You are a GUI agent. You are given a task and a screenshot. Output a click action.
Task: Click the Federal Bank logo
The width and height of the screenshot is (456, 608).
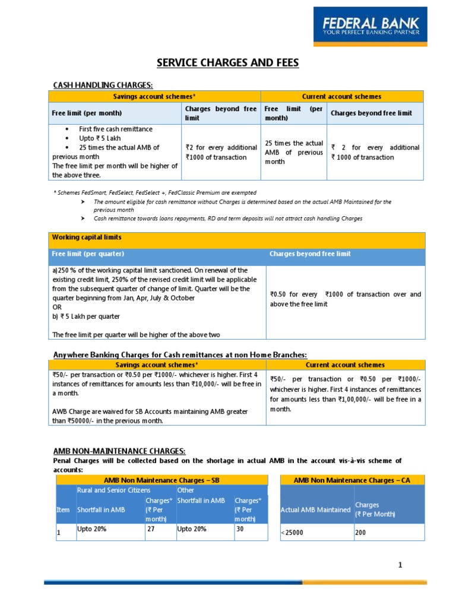(370, 26)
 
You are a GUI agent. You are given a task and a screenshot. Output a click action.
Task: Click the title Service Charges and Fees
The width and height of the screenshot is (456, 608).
(227, 62)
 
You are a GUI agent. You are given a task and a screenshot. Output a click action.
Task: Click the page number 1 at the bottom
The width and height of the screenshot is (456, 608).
(400, 565)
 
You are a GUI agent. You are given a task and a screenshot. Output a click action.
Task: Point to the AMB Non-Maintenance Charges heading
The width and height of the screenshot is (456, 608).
(119, 451)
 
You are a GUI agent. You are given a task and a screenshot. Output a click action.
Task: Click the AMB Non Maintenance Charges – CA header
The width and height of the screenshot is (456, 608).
(351, 480)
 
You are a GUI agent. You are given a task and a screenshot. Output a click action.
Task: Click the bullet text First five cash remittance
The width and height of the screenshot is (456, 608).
(116, 129)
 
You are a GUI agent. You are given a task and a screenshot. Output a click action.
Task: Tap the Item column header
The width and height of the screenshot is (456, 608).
(63, 509)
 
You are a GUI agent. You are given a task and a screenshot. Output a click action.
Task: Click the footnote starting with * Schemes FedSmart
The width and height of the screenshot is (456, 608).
(155, 192)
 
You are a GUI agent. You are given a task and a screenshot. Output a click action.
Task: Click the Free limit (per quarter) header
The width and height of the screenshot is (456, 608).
(88, 254)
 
